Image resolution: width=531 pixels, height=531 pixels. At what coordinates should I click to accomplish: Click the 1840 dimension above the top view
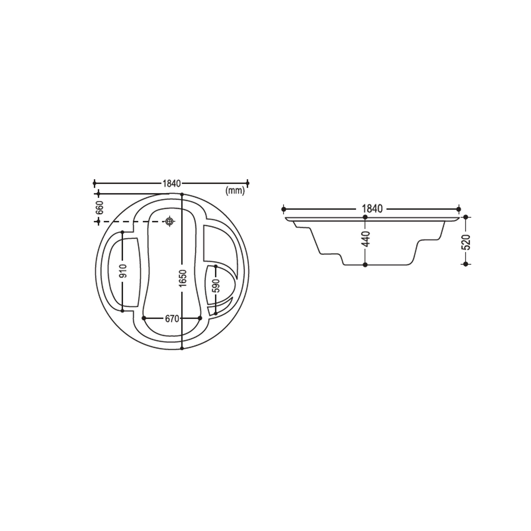172,183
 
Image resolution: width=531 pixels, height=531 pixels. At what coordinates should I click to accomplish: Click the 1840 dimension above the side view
372,209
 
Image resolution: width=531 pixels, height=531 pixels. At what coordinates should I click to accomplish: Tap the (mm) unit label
235,191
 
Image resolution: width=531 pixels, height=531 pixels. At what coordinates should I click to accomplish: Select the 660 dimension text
100,208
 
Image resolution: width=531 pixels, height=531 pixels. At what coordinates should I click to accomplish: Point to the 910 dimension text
124,271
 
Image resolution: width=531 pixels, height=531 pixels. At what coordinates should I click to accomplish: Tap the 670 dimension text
172,319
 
